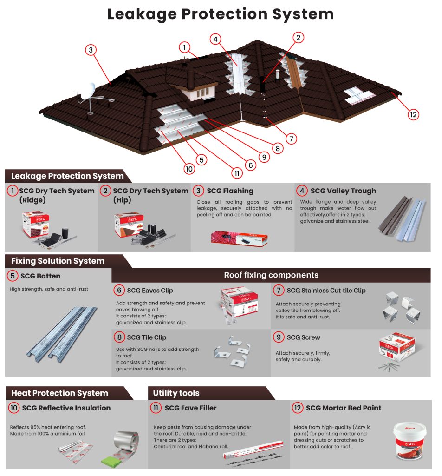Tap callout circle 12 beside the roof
[413, 114]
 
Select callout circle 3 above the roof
[91, 50]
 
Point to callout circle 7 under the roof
[291, 138]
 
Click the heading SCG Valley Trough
[343, 191]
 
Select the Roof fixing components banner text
[271, 275]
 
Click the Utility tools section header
[176, 393]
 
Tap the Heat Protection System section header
[60, 393]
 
